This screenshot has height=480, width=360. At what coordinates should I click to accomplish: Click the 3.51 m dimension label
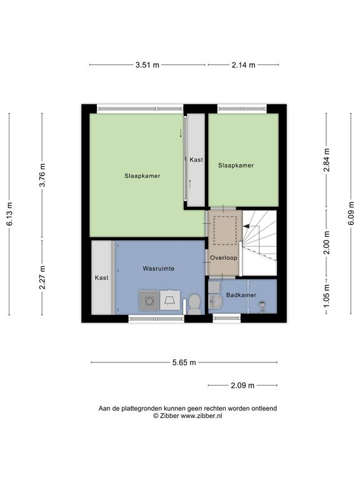[147, 65]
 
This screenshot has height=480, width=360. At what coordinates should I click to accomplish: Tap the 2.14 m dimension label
[243, 65]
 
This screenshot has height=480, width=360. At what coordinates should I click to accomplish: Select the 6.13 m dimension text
[9, 214]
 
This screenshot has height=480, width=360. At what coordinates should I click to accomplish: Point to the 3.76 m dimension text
[42, 175]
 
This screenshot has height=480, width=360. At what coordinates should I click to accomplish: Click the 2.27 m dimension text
[42, 277]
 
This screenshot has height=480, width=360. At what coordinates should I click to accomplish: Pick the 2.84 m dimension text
[327, 161]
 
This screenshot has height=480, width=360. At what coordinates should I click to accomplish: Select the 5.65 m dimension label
[184, 362]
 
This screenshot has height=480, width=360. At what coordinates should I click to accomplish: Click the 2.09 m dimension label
[242, 385]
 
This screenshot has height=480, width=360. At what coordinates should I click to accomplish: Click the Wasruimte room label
[159, 269]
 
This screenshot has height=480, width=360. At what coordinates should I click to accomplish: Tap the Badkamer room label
[241, 295]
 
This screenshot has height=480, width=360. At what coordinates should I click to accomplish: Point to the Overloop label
[224, 257]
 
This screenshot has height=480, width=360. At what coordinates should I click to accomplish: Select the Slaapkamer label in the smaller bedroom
[236, 165]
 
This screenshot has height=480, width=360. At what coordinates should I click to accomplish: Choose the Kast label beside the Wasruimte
[102, 277]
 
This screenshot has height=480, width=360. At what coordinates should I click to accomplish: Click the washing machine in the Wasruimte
[149, 301]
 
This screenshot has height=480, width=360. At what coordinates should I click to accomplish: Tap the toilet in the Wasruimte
[194, 304]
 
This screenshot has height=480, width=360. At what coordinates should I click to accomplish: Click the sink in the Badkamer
[215, 301]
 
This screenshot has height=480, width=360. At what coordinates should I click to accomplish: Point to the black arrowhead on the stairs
[246, 226]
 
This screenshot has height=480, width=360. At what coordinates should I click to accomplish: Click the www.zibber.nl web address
[201, 416]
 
